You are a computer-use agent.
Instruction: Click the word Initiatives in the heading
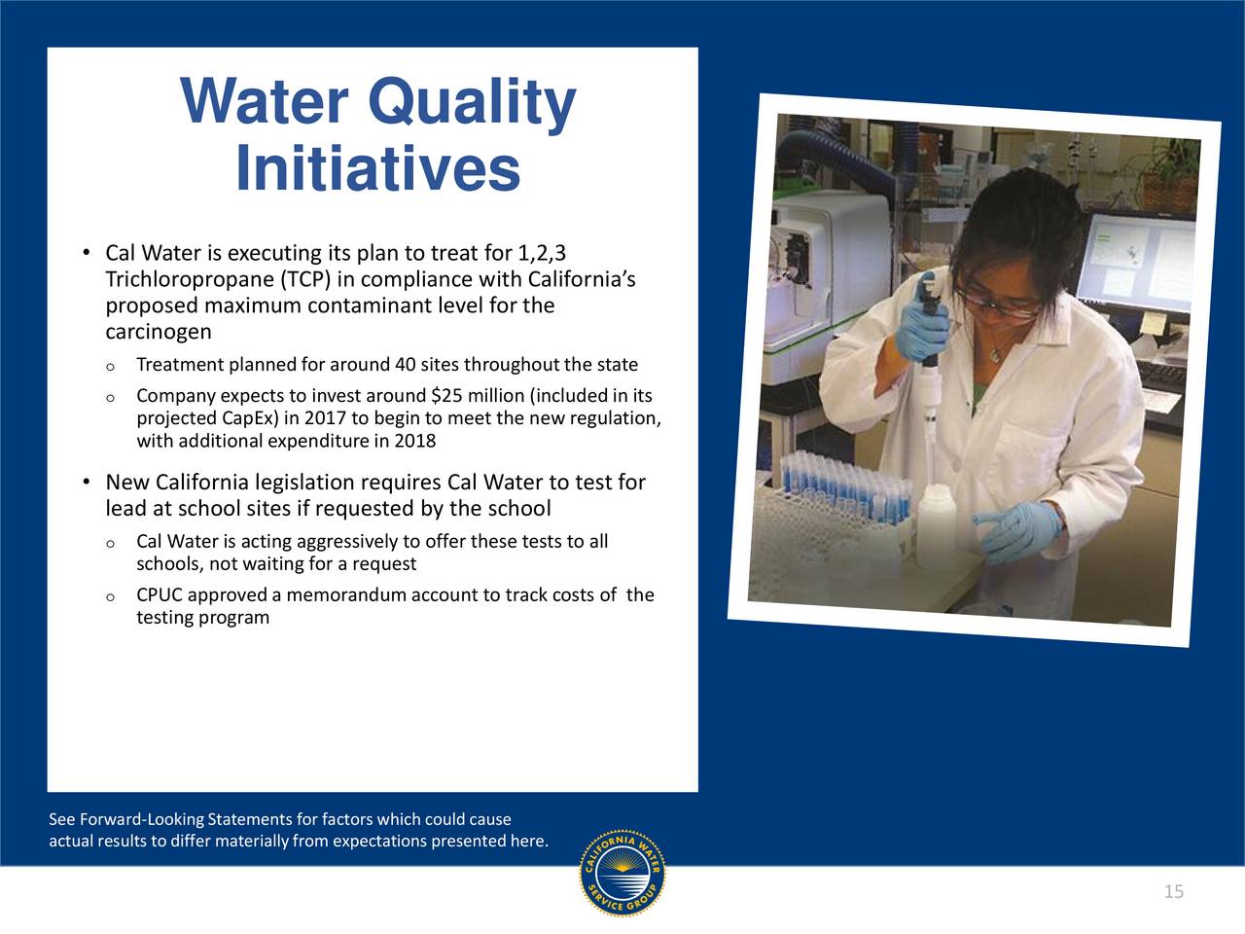click(x=377, y=168)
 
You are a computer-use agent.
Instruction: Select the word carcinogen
click(x=159, y=332)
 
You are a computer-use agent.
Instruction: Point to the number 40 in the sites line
click(x=406, y=364)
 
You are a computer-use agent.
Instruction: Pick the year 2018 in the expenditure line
click(x=415, y=441)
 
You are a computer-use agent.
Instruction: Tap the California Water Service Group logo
click(x=622, y=874)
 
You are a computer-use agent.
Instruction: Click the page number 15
click(x=1174, y=891)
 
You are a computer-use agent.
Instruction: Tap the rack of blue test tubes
click(x=845, y=488)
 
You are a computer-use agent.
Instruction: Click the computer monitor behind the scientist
click(x=1135, y=261)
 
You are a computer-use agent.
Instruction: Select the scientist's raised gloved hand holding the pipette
click(x=922, y=330)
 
